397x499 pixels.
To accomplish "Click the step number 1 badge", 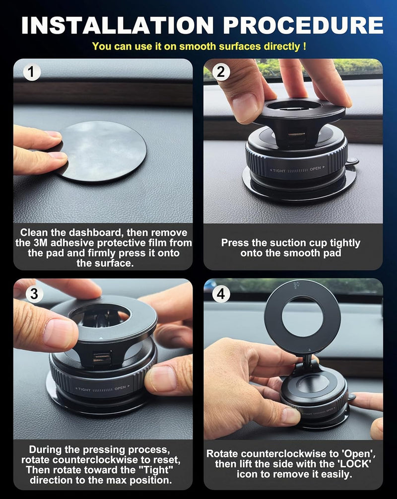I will click(32, 73).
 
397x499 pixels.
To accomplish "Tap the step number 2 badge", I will click(221, 73).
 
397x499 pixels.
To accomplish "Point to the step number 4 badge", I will click(221, 293).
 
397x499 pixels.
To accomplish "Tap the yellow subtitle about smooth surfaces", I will click(198, 47).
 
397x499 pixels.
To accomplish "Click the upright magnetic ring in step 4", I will click(302, 317).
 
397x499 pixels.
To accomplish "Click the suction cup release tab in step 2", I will click(352, 162).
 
